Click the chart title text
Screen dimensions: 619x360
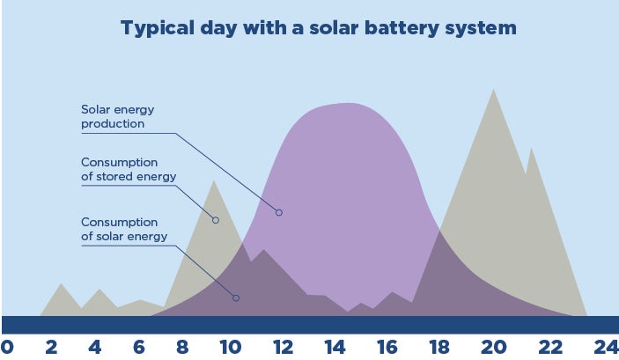(319, 27)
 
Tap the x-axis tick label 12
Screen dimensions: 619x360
(283, 348)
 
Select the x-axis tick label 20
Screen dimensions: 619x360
(493, 348)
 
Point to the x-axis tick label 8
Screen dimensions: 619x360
(182, 348)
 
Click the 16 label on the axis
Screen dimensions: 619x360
(387, 348)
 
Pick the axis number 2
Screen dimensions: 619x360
(51, 348)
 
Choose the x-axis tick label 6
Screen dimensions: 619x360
(138, 348)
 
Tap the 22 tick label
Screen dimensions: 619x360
(550, 348)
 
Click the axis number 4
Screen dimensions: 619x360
(95, 348)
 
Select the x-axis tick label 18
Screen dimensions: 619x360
(439, 348)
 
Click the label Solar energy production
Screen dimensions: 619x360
(118, 116)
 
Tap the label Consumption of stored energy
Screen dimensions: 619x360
(129, 169)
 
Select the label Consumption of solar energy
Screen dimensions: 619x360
(124, 230)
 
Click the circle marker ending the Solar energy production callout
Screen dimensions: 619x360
(279, 213)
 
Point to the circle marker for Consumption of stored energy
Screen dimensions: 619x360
(216, 220)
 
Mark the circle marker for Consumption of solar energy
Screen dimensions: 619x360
(236, 298)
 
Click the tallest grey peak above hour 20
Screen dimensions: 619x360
(493, 90)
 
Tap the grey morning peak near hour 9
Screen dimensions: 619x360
(214, 181)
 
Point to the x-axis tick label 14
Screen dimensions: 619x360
(335, 348)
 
